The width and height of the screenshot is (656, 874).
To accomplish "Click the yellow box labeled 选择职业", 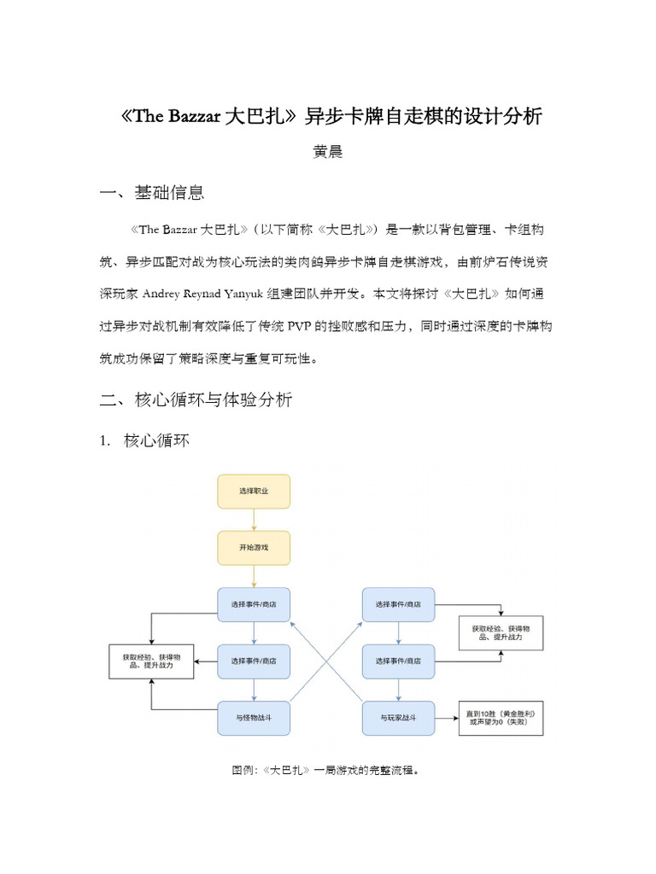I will [x=253, y=492].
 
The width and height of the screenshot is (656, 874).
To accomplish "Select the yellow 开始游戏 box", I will [x=253, y=547].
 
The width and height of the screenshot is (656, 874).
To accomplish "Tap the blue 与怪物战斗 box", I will [x=253, y=719].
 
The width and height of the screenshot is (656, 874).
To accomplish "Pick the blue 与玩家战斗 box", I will [x=398, y=719].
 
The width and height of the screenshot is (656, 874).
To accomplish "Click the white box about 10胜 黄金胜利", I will [x=501, y=718].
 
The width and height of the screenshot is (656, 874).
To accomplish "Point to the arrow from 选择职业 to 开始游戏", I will [x=254, y=520].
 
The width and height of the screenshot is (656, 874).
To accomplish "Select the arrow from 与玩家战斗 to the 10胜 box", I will [x=447, y=719].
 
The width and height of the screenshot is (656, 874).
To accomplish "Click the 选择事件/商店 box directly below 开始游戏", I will [x=253, y=604].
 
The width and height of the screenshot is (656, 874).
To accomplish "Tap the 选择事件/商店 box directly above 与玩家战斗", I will [x=398, y=661].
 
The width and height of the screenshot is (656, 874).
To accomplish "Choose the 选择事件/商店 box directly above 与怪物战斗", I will [x=253, y=661].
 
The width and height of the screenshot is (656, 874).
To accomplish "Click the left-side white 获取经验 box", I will [x=152, y=661].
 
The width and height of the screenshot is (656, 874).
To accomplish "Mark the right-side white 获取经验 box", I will [x=501, y=632].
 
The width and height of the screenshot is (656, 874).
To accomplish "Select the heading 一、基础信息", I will [x=153, y=193].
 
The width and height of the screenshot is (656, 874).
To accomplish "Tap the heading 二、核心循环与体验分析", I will [x=197, y=399].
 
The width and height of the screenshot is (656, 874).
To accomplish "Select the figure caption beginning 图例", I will [x=327, y=770].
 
